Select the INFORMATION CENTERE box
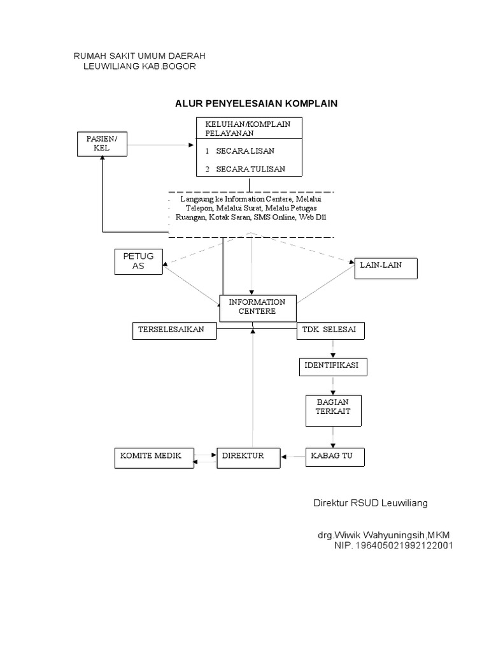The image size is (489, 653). [x=257, y=307]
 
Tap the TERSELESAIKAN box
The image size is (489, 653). [x=174, y=331]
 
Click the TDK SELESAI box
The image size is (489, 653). [x=330, y=331]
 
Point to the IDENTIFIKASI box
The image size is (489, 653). [x=332, y=368]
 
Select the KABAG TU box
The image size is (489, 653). [x=336, y=457]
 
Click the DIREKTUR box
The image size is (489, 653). [x=248, y=457]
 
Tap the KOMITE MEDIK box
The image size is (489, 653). [x=153, y=457]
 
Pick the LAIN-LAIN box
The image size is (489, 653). [x=386, y=267]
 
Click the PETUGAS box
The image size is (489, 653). [x=138, y=261]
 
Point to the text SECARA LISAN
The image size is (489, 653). [x=246, y=151]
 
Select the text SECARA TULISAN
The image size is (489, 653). [x=250, y=169]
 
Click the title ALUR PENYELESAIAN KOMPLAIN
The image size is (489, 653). [x=256, y=103]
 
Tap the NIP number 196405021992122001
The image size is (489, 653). [x=393, y=546]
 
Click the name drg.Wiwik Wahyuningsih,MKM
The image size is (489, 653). [x=387, y=534]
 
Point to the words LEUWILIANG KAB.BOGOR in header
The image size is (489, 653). [x=140, y=67]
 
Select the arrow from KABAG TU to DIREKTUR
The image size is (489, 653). [x=294, y=457]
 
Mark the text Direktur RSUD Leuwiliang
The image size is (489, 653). [x=370, y=503]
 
